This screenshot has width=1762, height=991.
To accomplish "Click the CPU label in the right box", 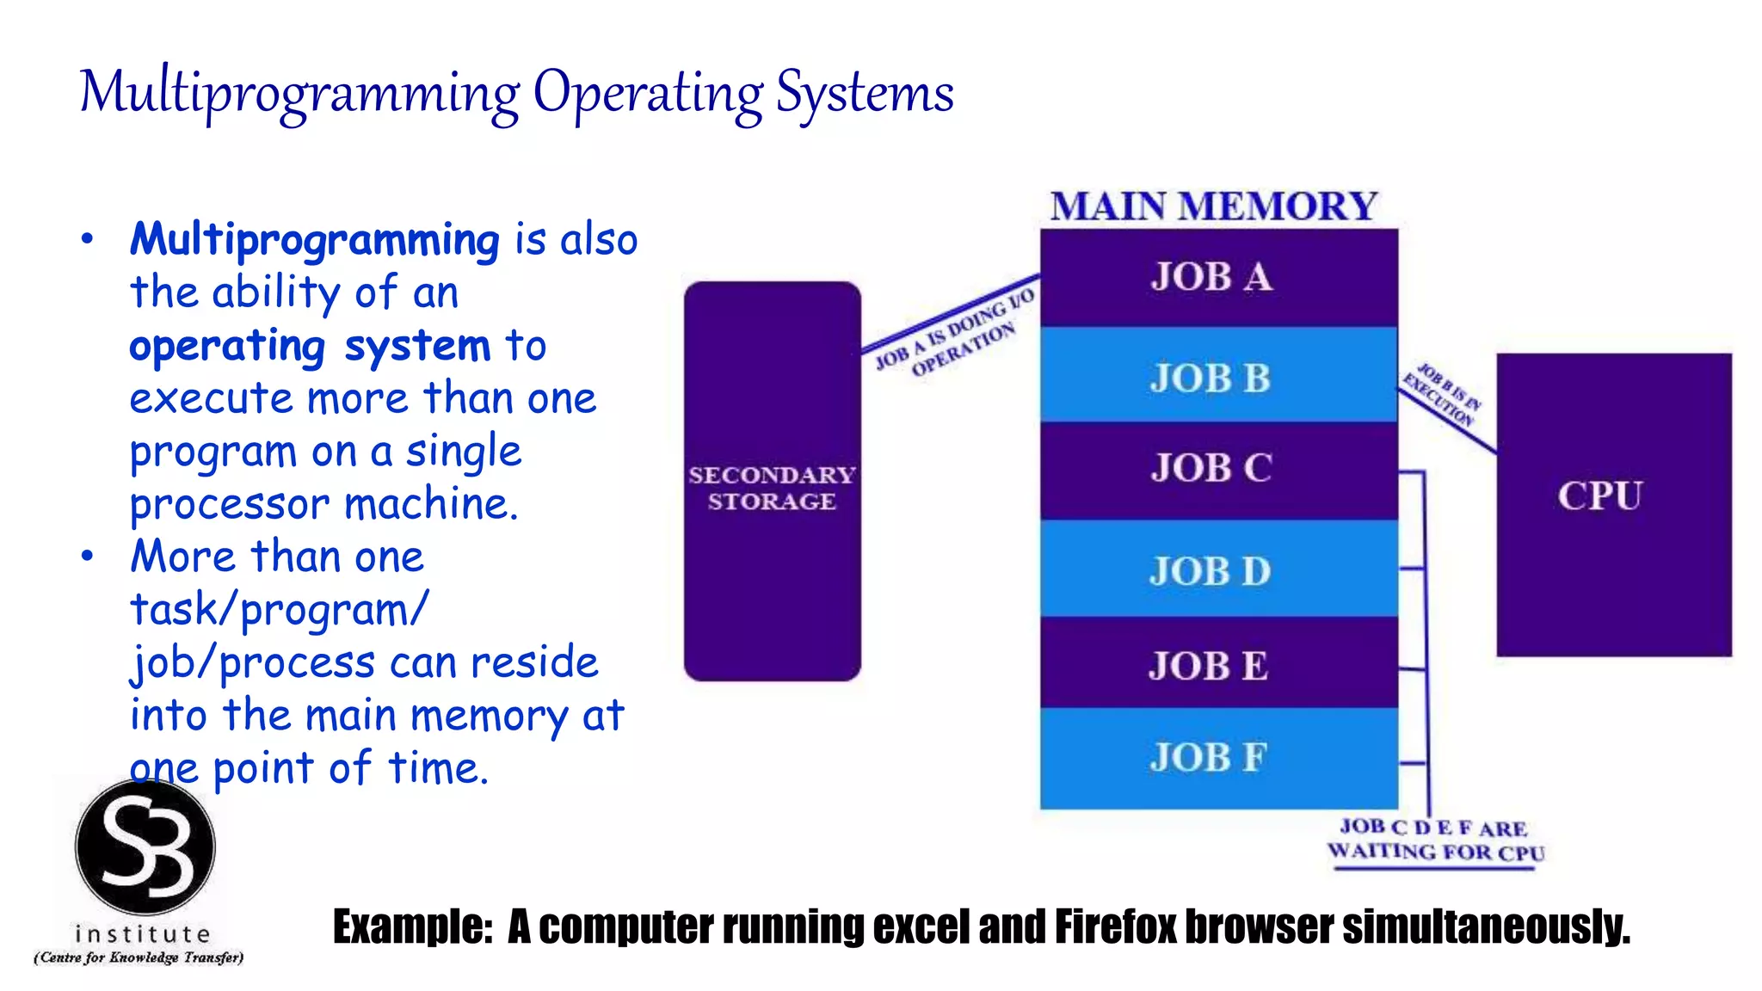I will tap(1599, 495).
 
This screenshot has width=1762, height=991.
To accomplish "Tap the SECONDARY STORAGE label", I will tap(772, 488).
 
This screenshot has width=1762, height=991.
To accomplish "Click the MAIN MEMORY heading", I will tap(1213, 206).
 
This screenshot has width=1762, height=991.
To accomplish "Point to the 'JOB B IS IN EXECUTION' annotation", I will tap(1443, 395).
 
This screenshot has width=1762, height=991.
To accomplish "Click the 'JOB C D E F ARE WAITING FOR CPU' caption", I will tap(1435, 840).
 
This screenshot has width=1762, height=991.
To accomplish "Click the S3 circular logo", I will tap(145, 846).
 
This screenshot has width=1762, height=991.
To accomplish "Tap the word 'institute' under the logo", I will tap(143, 933).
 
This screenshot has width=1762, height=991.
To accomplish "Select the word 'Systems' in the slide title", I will tap(865, 93).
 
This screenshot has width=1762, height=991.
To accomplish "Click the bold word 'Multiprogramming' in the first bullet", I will tap(314, 240).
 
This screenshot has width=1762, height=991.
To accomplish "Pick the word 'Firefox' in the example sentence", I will tap(1115, 926).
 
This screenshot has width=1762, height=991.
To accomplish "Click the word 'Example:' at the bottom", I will tap(413, 926).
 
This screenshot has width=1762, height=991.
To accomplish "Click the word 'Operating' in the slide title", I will tap(647, 93).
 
